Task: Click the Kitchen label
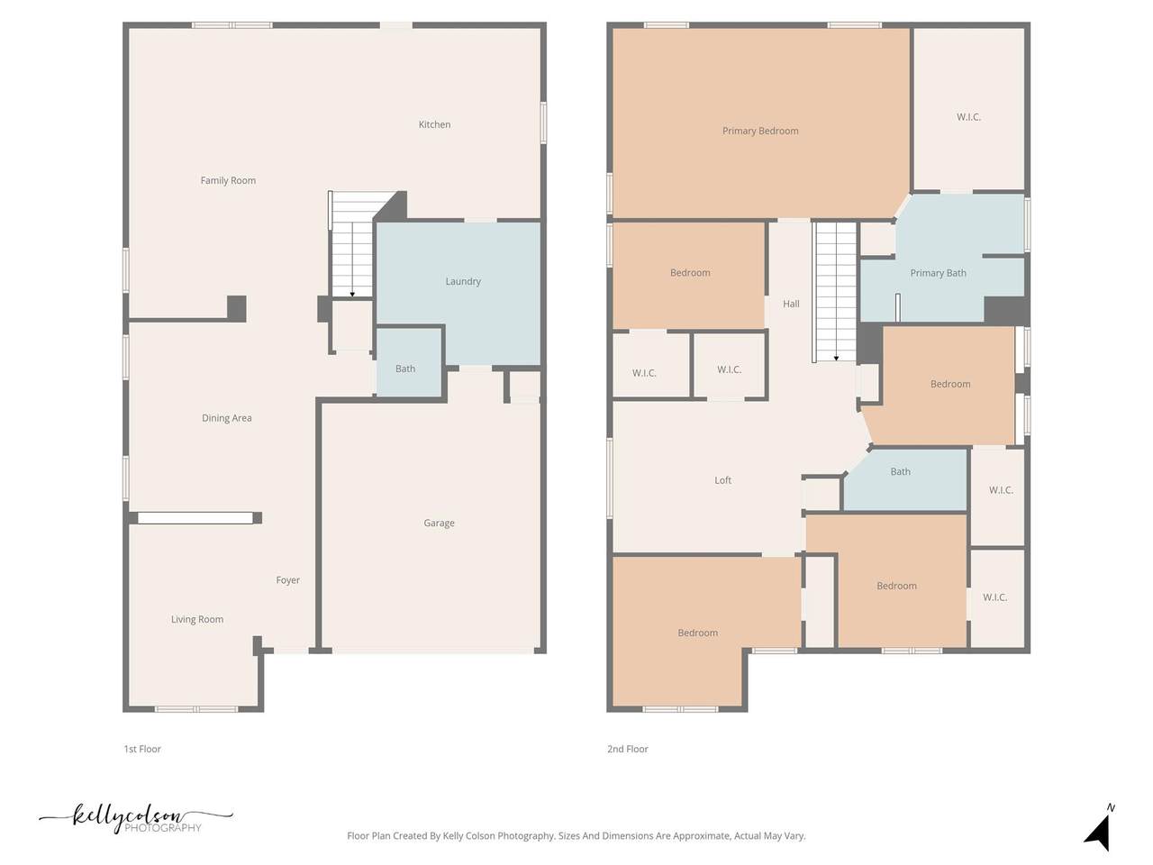tap(434, 124)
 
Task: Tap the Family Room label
tap(228, 181)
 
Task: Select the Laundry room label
tap(463, 281)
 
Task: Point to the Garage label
tap(440, 524)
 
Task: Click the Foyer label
tap(288, 579)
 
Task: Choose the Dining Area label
tap(227, 418)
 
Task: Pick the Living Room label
tap(197, 619)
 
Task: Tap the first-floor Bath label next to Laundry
tap(405, 369)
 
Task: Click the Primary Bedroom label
tap(760, 131)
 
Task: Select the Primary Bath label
tap(938, 273)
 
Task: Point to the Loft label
tap(722, 480)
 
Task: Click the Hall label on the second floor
tap(791, 304)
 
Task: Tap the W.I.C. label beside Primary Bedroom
tap(968, 117)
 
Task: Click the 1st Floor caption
tap(142, 749)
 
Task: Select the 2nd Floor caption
tap(628, 749)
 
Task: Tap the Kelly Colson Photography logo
tap(135, 819)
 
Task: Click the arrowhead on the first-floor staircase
tap(352, 295)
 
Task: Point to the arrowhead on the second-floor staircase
tap(836, 359)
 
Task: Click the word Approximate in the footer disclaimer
tap(701, 835)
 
